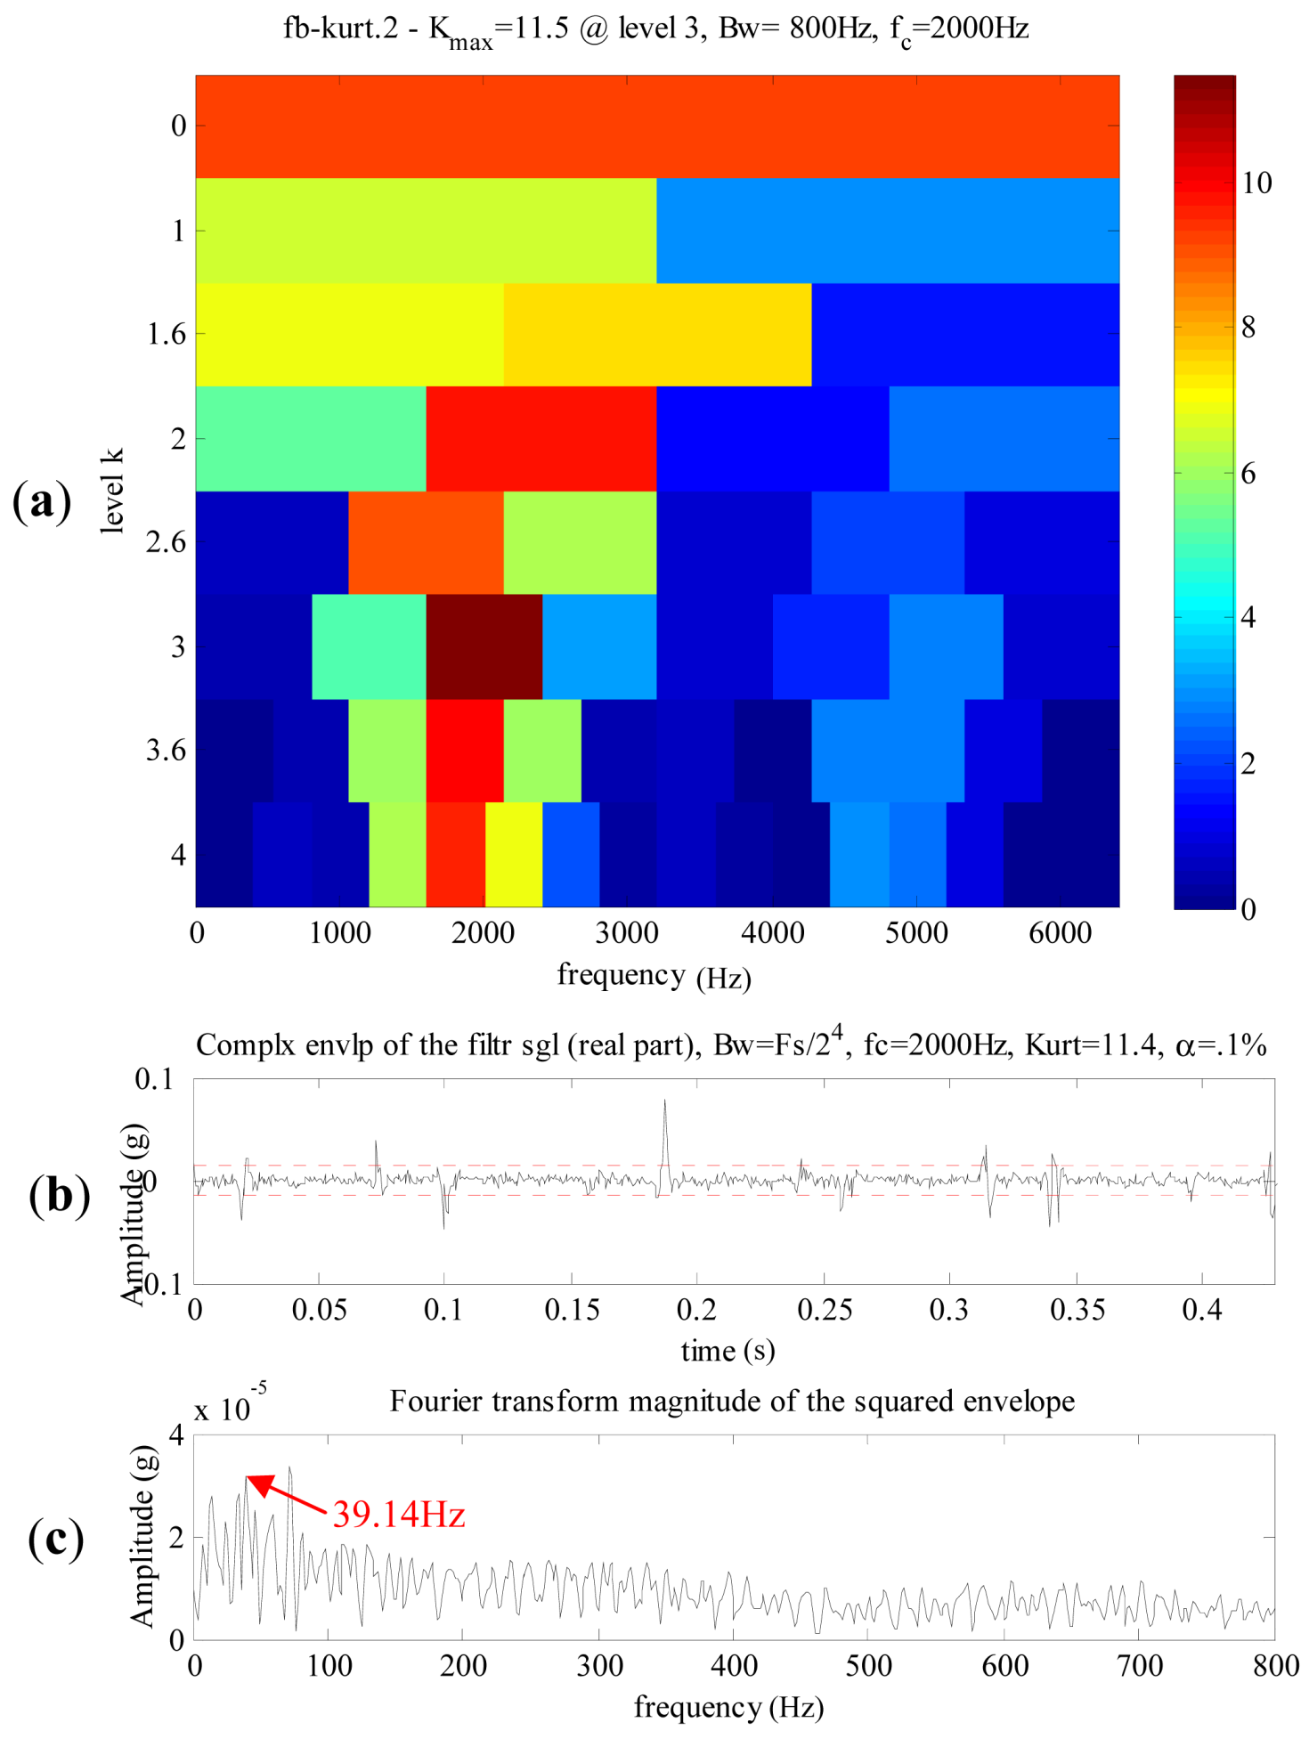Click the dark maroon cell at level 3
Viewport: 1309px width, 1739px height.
[x=484, y=646]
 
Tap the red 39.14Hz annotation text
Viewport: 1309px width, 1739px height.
[x=399, y=1514]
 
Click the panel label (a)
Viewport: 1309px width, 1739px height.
[x=42, y=502]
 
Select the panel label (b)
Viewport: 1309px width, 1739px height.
[x=59, y=1195]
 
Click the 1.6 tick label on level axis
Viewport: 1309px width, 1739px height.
[x=167, y=335]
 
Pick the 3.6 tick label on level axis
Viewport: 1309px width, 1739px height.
[x=167, y=751]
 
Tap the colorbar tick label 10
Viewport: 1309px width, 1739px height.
[x=1256, y=183]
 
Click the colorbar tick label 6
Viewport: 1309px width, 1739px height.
[x=1248, y=474]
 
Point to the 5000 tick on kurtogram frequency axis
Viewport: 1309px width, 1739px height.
[x=916, y=933]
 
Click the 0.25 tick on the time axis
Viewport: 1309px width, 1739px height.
[x=825, y=1310]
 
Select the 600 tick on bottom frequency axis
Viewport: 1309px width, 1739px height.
[x=1004, y=1666]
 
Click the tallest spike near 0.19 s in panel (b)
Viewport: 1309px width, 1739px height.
[x=664, y=1104]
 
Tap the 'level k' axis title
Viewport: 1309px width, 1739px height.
[x=112, y=492]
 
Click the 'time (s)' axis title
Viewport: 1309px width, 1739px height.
[x=728, y=1351]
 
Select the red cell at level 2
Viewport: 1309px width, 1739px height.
[x=541, y=438]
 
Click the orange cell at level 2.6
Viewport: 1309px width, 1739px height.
[x=426, y=542]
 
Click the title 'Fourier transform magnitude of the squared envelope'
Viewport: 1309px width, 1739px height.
[x=732, y=1402]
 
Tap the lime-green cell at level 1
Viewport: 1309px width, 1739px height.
[x=426, y=231]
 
